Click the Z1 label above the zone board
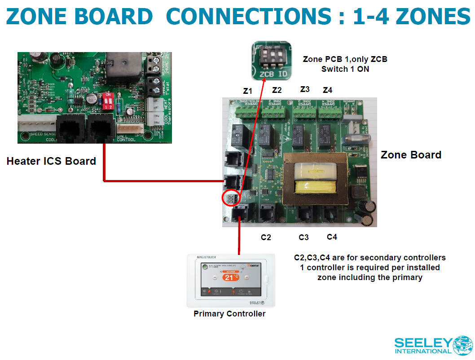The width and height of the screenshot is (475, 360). coord(247,91)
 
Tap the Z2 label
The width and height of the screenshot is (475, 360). coord(277,90)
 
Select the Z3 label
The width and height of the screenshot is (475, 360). coord(305,89)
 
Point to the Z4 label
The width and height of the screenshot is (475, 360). coord(328,90)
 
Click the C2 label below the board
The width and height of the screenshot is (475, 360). coord(266,237)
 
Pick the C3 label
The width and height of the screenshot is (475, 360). coord(304,237)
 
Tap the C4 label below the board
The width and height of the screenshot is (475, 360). coord(332,237)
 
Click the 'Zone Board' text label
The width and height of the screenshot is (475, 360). coord(411,155)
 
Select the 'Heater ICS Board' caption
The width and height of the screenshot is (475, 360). coord(51,161)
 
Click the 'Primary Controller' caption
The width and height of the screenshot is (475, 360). coord(229,314)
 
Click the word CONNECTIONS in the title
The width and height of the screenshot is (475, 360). coord(248,17)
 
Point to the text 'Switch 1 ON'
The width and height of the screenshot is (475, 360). coord(344,69)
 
